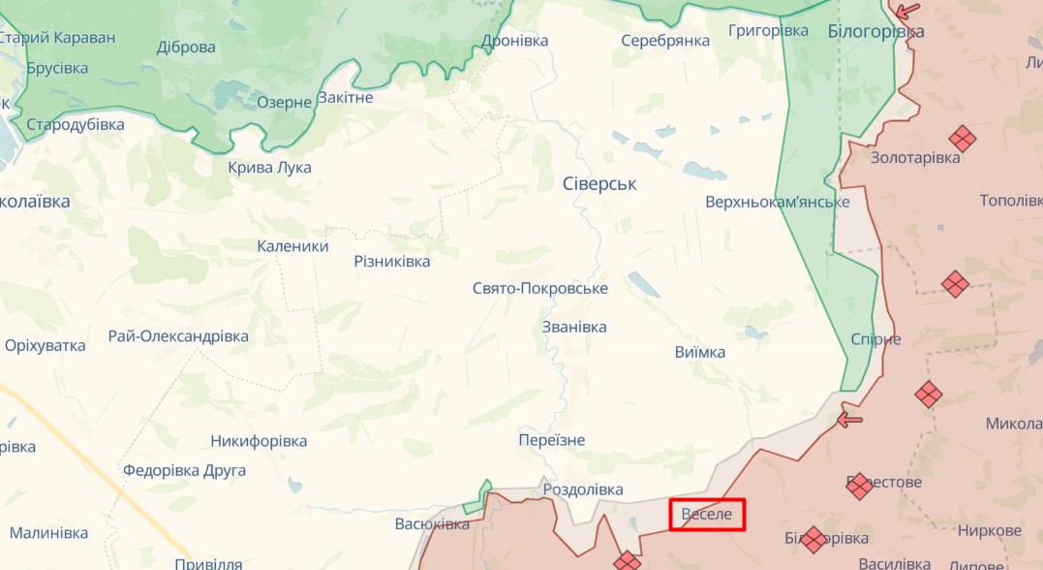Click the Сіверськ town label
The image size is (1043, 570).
click(599, 183)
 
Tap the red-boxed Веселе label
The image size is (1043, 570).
click(707, 514)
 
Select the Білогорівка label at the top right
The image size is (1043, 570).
click(875, 32)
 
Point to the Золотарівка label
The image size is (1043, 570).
click(915, 157)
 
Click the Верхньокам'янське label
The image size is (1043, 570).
click(778, 202)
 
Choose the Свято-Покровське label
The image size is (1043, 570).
click(540, 289)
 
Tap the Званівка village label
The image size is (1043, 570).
click(574, 327)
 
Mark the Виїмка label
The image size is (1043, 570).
click(699, 352)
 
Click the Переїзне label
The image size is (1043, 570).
click(552, 440)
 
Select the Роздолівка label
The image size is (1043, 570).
click(582, 490)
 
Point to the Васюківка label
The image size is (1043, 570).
click(432, 523)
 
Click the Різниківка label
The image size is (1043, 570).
click(392, 261)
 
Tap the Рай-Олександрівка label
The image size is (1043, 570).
click(178, 336)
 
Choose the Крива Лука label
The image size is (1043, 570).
click(270, 167)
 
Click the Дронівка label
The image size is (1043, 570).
click(515, 41)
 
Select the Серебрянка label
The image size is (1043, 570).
click(665, 41)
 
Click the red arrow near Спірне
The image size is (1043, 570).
click(849, 420)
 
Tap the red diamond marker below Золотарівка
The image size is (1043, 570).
click(955, 284)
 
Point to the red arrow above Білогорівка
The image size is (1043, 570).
click(906, 12)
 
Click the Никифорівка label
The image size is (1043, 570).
click(259, 441)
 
